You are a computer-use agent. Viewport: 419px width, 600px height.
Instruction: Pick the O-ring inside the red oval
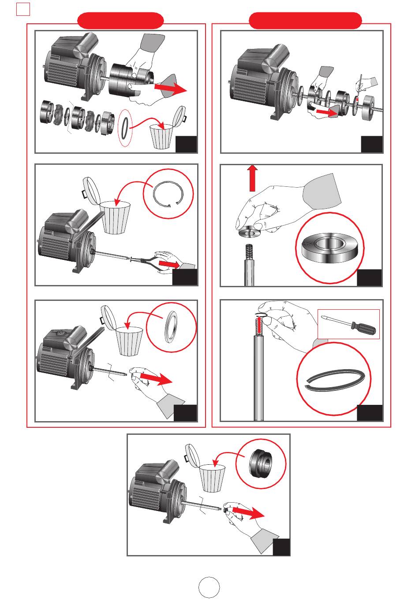click(x=125, y=126)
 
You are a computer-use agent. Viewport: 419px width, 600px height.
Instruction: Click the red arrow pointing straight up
click(x=252, y=178)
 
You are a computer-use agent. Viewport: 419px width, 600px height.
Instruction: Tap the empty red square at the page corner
click(x=22, y=9)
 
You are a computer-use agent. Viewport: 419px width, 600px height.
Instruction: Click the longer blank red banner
click(x=305, y=20)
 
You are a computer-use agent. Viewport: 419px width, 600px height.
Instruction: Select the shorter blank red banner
click(x=120, y=20)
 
